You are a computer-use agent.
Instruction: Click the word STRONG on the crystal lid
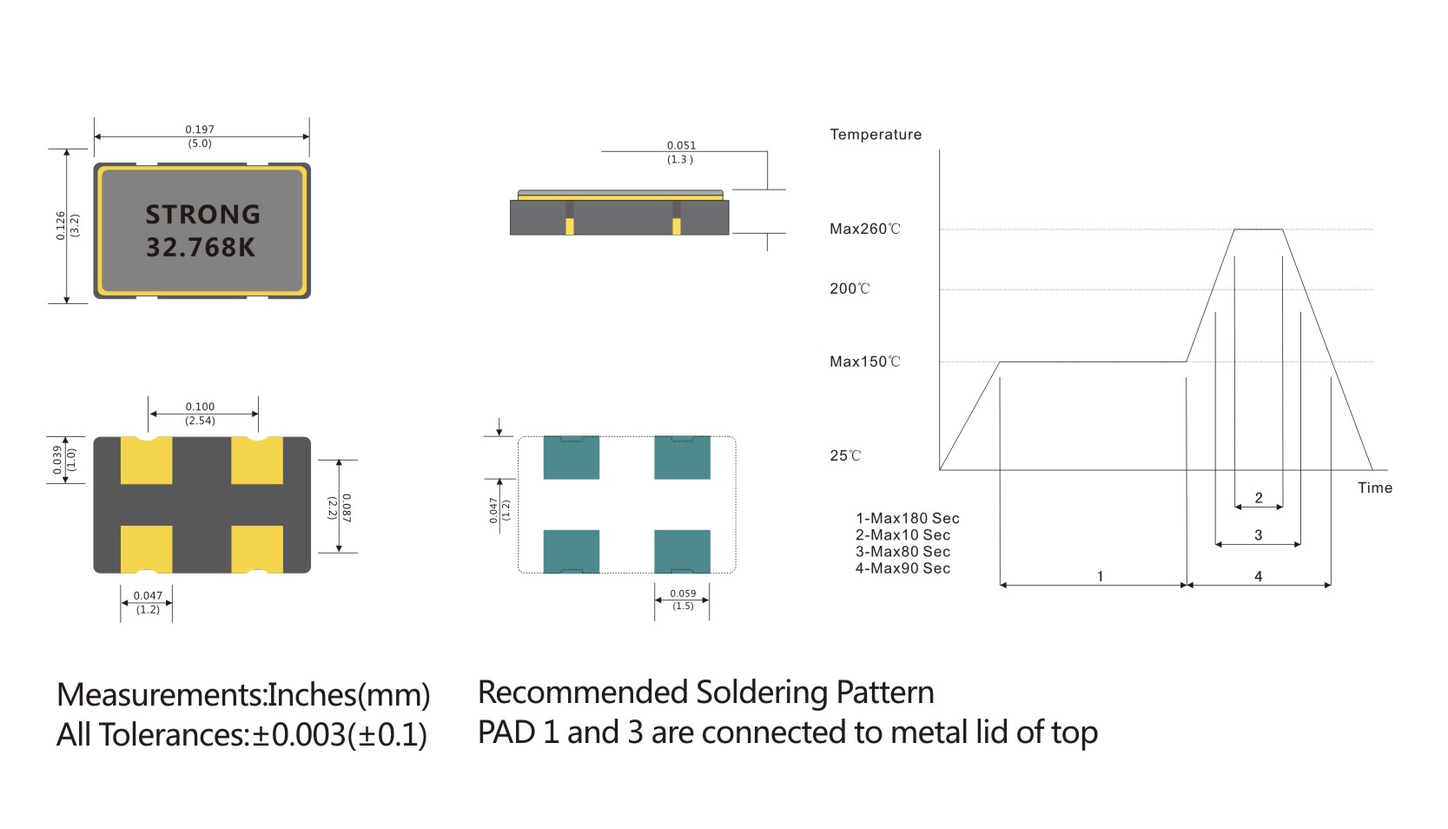pyautogui.click(x=202, y=215)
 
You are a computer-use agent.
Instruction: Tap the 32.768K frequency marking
pyautogui.click(x=201, y=248)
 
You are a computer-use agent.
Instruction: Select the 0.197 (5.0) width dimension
pyautogui.click(x=200, y=136)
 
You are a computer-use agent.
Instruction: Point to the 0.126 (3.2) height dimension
pyautogui.click(x=67, y=225)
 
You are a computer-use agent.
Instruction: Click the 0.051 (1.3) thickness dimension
pyautogui.click(x=681, y=152)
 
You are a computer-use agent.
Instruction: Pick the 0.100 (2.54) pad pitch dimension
pyautogui.click(x=200, y=414)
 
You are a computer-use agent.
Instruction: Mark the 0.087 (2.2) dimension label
pyautogui.click(x=340, y=507)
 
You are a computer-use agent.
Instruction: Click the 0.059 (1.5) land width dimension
pyautogui.click(x=683, y=600)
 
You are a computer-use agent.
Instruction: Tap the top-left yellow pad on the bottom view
pyautogui.click(x=146, y=461)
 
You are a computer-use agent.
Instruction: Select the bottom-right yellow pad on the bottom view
pyautogui.click(x=257, y=549)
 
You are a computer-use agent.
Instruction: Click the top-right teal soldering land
pyautogui.click(x=682, y=458)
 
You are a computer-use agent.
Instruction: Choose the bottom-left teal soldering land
pyautogui.click(x=571, y=551)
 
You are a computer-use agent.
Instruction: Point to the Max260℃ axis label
pyautogui.click(x=864, y=229)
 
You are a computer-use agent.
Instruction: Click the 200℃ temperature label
pyautogui.click(x=850, y=289)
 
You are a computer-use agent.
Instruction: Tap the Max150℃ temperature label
pyautogui.click(x=864, y=361)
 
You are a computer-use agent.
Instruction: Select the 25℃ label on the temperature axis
pyautogui.click(x=845, y=455)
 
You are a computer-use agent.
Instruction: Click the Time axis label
pyautogui.click(x=1374, y=488)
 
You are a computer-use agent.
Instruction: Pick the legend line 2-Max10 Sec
pyautogui.click(x=903, y=535)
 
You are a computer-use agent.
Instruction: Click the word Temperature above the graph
pyautogui.click(x=876, y=135)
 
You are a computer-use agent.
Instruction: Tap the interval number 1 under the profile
pyautogui.click(x=1100, y=576)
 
